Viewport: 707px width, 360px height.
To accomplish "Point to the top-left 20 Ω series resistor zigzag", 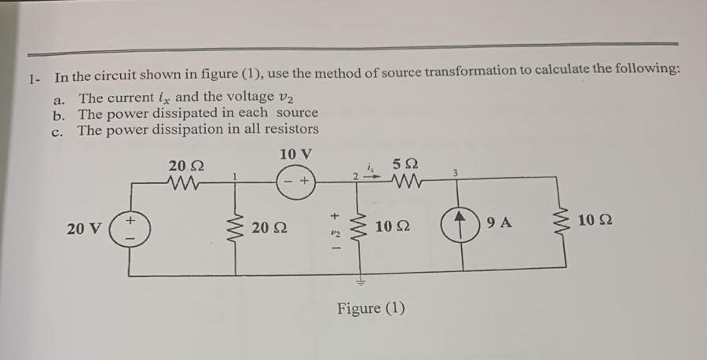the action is [x=186, y=186].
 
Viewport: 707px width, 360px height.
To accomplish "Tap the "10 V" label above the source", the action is [x=295, y=152].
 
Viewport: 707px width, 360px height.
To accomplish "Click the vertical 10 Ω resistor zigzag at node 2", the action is [x=362, y=230].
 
